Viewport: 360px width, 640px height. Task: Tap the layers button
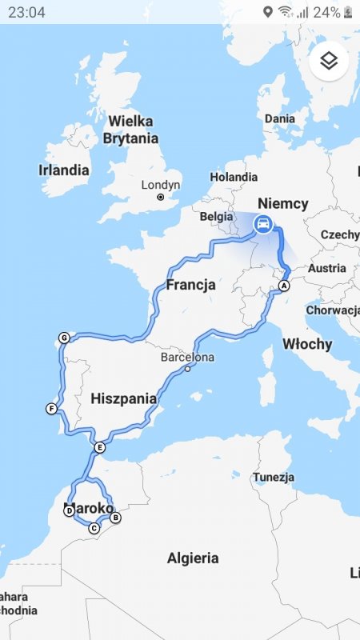pyautogui.click(x=330, y=61)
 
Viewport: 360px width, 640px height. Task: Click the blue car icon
pyautogui.click(x=262, y=225)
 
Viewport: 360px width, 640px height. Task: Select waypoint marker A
pyautogui.click(x=283, y=286)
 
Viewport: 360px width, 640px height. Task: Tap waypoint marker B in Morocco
pyautogui.click(x=115, y=518)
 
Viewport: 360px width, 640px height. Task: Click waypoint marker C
pyautogui.click(x=94, y=528)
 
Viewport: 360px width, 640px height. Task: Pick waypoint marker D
pyautogui.click(x=69, y=510)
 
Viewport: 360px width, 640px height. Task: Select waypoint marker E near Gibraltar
pyautogui.click(x=99, y=447)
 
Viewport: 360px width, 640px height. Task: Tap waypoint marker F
pyautogui.click(x=51, y=410)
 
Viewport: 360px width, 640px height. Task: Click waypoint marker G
pyautogui.click(x=64, y=338)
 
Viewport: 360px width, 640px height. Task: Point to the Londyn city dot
pyautogui.click(x=161, y=197)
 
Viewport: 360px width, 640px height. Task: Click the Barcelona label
pyautogui.click(x=187, y=358)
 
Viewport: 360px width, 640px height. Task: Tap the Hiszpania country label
pyautogui.click(x=123, y=398)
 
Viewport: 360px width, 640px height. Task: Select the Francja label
pyautogui.click(x=191, y=285)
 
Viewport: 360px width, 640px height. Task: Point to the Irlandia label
pyautogui.click(x=64, y=170)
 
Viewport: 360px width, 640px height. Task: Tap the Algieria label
pyautogui.click(x=193, y=558)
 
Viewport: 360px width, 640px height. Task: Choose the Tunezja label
pyautogui.click(x=274, y=477)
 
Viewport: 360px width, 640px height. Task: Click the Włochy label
pyautogui.click(x=307, y=344)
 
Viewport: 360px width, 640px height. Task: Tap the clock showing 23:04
pyautogui.click(x=26, y=12)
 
